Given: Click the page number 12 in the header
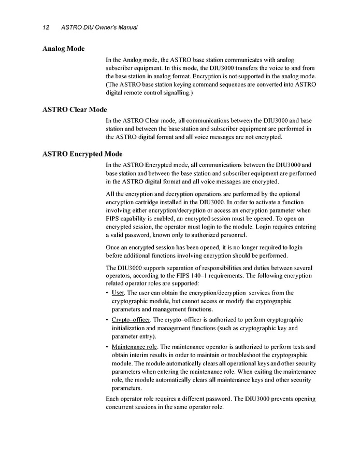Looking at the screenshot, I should pos(46,27).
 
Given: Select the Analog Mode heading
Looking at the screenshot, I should pos(63,49).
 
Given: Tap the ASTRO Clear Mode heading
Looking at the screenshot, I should pos(75,109).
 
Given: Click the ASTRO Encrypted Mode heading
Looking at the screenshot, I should pos(82,154).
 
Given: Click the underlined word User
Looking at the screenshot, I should pos(118,293).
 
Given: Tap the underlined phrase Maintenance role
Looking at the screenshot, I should pos(137,346).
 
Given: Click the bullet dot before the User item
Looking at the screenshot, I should pos(107,293).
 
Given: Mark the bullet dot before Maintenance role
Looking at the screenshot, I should pos(107,347).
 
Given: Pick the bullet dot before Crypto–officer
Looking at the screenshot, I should pos(107,320).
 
